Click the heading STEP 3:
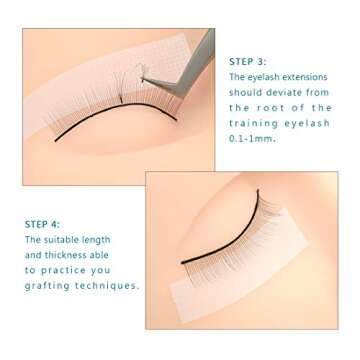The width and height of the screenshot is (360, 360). coord(246,61)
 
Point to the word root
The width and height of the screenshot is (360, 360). coord(276,108)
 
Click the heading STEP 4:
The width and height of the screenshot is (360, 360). coord(41,225)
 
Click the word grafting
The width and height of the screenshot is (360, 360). coord(47,286)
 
